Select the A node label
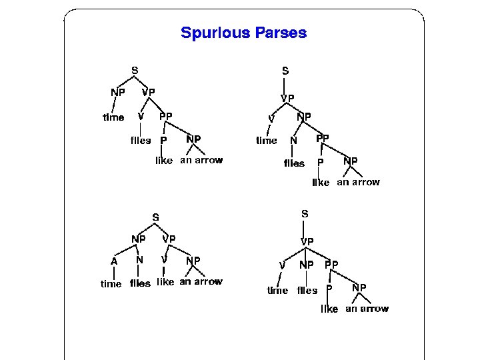pos(114,262)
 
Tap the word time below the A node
pos(111,283)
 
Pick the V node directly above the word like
pos(164,259)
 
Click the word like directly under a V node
pos(165,282)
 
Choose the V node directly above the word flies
pos(141,116)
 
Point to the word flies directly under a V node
pos(140,140)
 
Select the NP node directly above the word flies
pos(306,265)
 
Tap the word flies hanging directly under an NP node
pos(307,290)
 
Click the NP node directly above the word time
pos(117,92)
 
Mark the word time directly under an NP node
pos(113,117)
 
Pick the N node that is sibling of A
pos(139,260)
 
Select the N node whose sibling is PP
pos(293,141)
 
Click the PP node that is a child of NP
pos(323,138)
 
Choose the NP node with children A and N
pos(139,239)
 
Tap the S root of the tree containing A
pos(155,217)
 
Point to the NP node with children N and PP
pos(304,116)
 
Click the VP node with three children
pos(307,241)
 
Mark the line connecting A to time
pos(112,273)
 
